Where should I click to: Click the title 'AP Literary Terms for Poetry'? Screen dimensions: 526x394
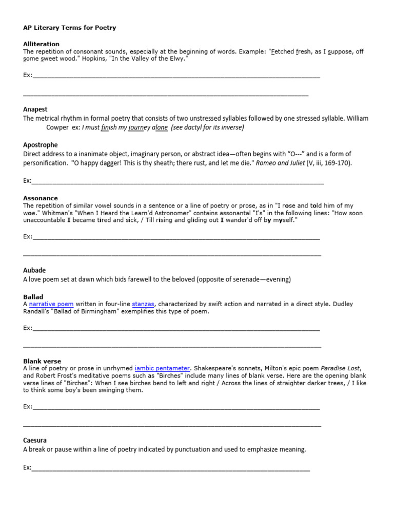tap(69, 28)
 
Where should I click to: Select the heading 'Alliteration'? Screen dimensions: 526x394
tap(41, 44)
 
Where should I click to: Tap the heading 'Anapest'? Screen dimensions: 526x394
tap(35, 109)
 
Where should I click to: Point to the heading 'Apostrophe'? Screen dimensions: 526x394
tap(40, 145)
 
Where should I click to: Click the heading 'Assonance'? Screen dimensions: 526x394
tap(40, 198)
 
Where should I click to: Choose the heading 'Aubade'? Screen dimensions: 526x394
tap(34, 270)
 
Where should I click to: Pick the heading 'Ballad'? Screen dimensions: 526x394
tap(33, 297)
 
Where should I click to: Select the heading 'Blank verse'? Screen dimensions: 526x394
tap(42, 362)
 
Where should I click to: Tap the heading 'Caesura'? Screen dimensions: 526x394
tap(35, 440)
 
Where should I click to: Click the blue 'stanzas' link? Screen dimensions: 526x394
tap(143, 304)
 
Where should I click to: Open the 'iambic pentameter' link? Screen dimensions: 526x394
tap(162, 368)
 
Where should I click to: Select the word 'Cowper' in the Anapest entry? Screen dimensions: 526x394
tap(57, 127)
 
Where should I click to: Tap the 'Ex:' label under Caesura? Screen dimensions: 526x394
tap(27, 468)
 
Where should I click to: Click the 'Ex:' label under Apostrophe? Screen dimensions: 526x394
tap(27, 180)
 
